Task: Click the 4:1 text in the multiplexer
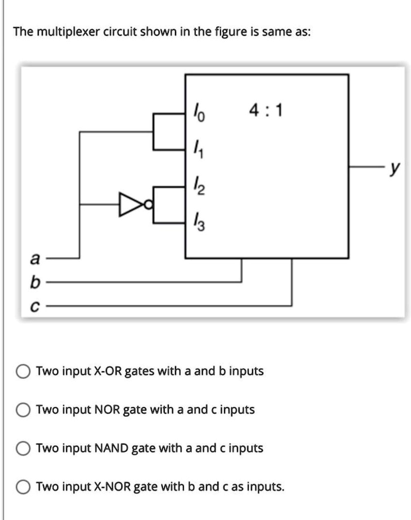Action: tap(266, 111)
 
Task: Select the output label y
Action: tap(394, 169)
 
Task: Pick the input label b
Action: tap(35, 282)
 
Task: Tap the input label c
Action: tap(35, 306)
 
